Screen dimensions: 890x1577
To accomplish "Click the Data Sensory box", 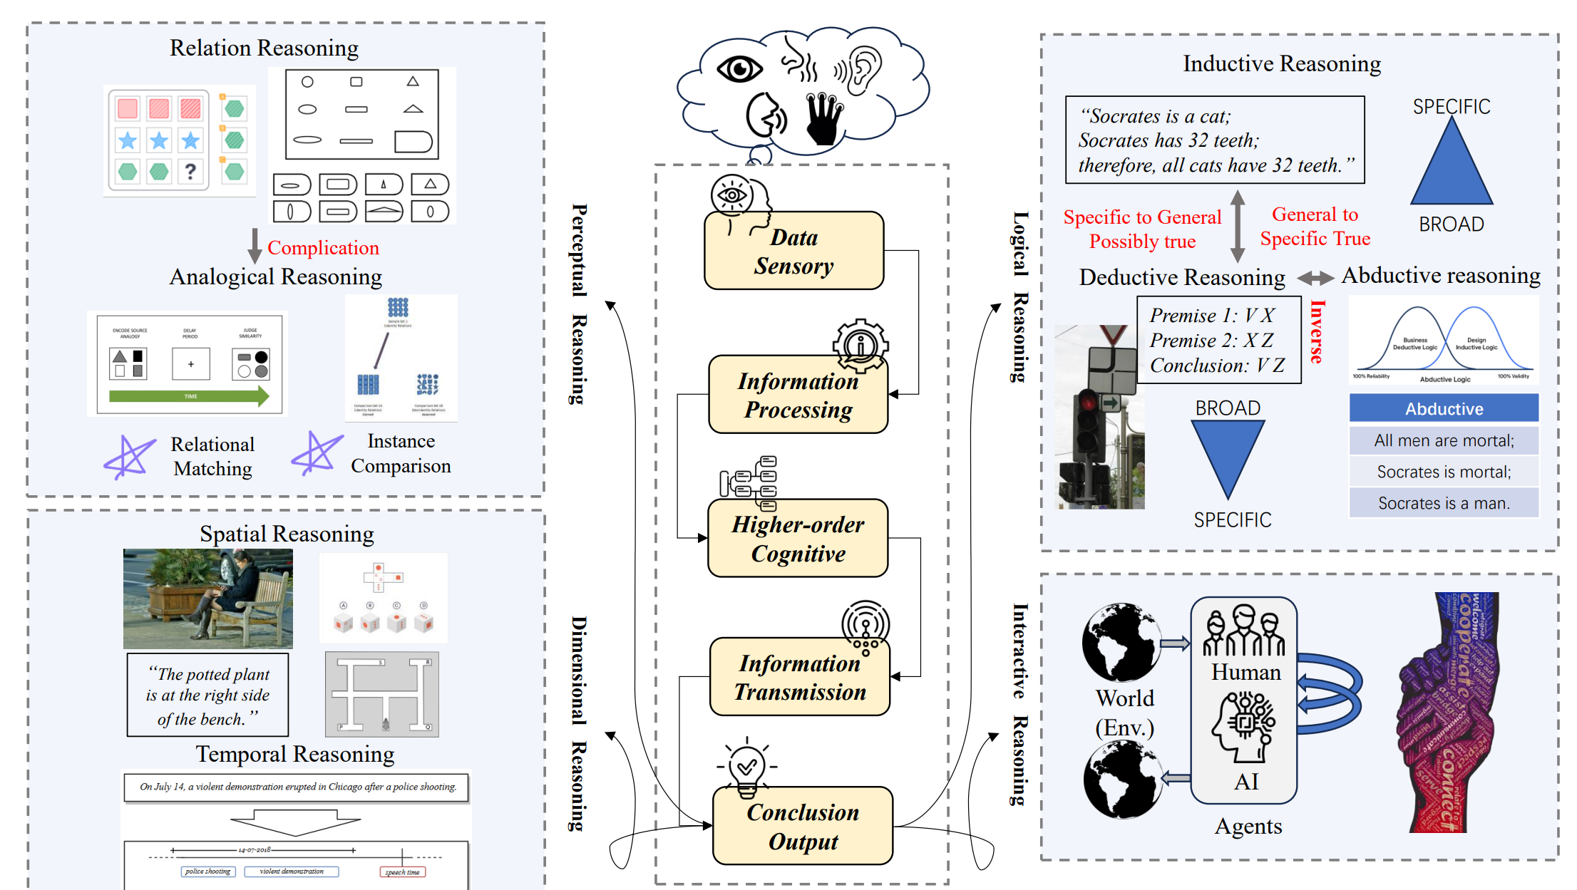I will [x=793, y=251].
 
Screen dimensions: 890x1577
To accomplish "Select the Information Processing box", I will [x=798, y=395].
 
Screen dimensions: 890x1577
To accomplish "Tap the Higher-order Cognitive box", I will [x=798, y=539].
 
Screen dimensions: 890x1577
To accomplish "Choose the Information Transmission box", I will [x=800, y=677].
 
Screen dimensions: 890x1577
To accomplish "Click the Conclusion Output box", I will [x=803, y=826].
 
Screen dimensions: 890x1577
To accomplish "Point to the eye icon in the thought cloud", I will [x=739, y=69].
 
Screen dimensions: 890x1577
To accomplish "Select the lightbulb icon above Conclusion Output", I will [x=746, y=768].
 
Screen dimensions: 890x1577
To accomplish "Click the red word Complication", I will [x=323, y=248].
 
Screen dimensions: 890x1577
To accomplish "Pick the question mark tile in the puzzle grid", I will [x=190, y=172].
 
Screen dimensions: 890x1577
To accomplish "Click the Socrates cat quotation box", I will [x=1214, y=140].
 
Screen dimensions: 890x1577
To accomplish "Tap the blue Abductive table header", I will [x=1444, y=408].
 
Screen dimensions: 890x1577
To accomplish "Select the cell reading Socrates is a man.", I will [x=1444, y=503].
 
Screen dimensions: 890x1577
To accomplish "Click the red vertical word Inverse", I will [x=1317, y=332].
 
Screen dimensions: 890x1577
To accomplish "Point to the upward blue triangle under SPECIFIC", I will [x=1452, y=165].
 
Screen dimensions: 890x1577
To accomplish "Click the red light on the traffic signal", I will [x=1088, y=400].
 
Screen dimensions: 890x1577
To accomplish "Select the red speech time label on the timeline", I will [x=403, y=872].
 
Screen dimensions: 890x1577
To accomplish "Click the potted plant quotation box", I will [x=207, y=695].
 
